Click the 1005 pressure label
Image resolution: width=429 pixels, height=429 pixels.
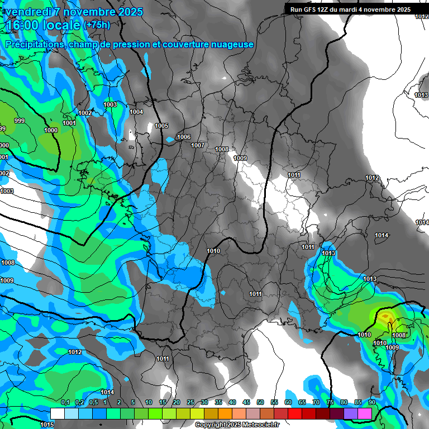161,126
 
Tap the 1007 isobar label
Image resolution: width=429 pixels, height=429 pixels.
198,145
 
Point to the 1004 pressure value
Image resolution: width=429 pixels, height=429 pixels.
136,112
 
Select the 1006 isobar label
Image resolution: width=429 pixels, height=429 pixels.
183,137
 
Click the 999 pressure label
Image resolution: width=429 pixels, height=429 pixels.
20,121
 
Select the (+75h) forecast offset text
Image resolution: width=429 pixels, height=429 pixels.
97,25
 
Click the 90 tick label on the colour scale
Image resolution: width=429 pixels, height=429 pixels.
371,402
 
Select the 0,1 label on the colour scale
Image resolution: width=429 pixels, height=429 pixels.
65,402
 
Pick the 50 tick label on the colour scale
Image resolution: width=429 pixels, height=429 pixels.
260,402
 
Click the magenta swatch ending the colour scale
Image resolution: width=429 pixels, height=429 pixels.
365,413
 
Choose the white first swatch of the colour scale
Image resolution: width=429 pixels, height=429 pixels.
57,413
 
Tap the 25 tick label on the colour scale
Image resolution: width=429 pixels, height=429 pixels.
190,402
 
